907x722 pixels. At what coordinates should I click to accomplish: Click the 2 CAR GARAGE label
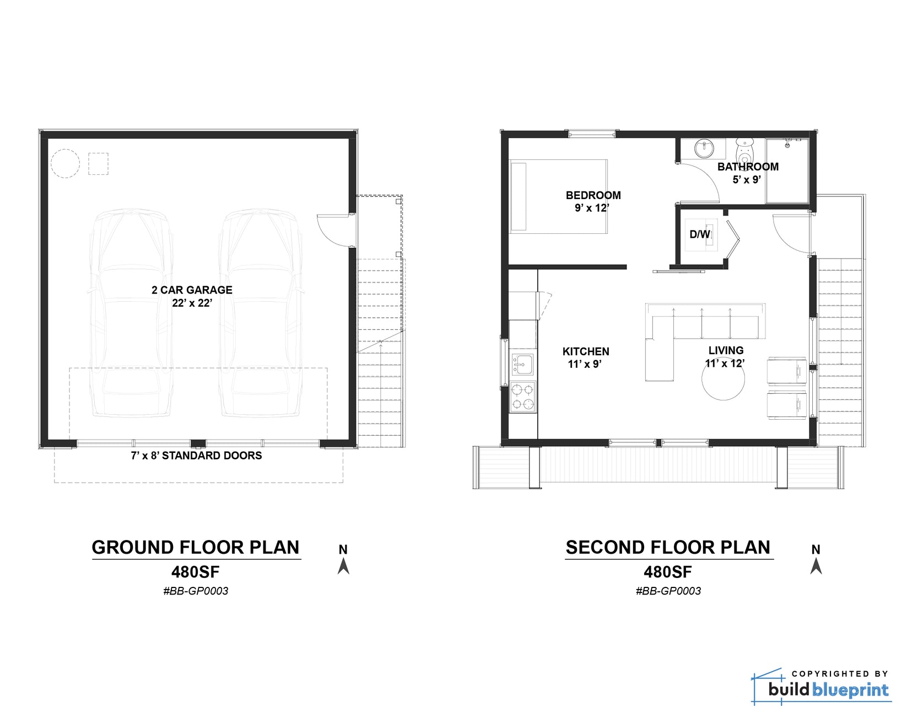pyautogui.click(x=192, y=290)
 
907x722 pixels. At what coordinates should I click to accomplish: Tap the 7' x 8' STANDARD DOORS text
pyautogui.click(x=196, y=456)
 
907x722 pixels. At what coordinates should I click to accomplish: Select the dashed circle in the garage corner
pyautogui.click(x=66, y=163)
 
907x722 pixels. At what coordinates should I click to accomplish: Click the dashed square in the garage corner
pyautogui.click(x=98, y=164)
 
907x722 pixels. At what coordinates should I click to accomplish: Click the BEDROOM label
pyautogui.click(x=593, y=195)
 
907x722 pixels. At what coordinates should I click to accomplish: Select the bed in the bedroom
pyautogui.click(x=558, y=196)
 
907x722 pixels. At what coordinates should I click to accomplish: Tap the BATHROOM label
pyautogui.click(x=748, y=167)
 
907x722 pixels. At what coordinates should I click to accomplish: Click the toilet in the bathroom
pyautogui.click(x=745, y=149)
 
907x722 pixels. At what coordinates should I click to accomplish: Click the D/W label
pyautogui.click(x=700, y=234)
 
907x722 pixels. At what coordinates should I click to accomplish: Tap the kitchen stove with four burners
pyautogui.click(x=522, y=397)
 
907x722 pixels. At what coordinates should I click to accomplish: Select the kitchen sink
pyautogui.click(x=522, y=365)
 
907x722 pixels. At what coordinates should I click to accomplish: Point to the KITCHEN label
pyautogui.click(x=586, y=351)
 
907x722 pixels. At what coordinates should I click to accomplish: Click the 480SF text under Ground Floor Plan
pyautogui.click(x=195, y=571)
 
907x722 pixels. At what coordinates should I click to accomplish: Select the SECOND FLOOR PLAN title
pyautogui.click(x=668, y=547)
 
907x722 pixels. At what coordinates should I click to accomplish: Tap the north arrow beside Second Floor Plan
pyautogui.click(x=816, y=565)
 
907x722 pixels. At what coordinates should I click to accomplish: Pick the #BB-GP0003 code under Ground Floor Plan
pyautogui.click(x=196, y=591)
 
